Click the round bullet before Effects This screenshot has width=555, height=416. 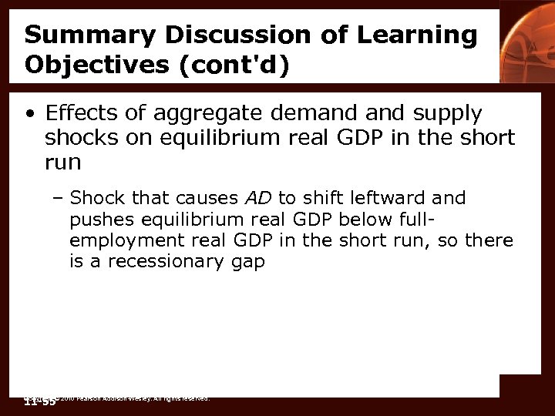pos(29,115)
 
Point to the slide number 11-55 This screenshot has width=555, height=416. pos(39,401)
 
